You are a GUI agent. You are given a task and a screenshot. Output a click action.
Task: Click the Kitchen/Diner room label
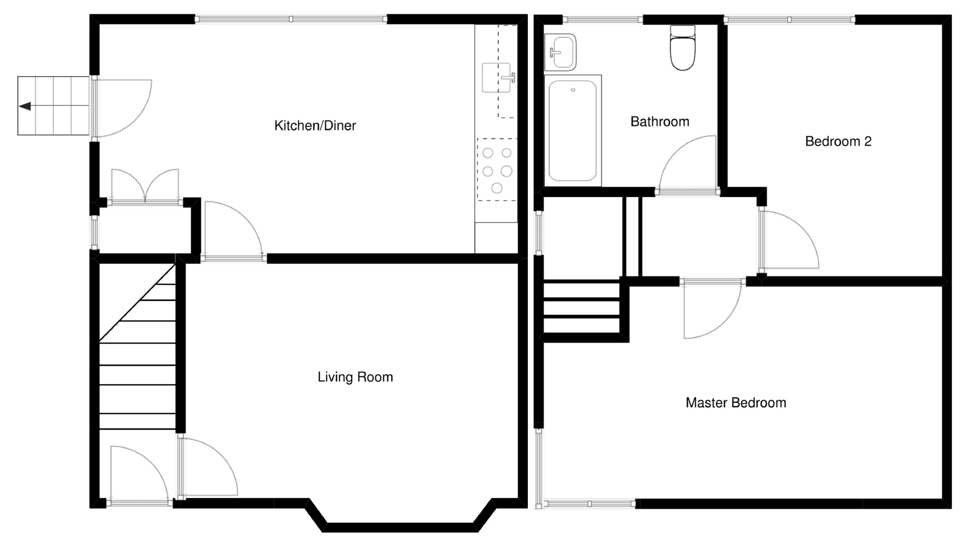tap(315, 126)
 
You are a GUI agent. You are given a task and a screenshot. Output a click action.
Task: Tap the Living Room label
tap(355, 377)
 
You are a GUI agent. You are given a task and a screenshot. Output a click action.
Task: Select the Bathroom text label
tap(659, 122)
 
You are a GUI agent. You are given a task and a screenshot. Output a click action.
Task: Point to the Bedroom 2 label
tap(838, 141)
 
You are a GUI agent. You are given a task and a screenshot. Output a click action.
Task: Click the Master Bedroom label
tap(735, 402)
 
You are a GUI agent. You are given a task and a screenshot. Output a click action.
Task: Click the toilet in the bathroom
tap(682, 48)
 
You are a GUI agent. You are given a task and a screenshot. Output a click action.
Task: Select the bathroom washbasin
tap(560, 52)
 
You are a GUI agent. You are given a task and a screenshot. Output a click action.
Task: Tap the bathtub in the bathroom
tap(573, 131)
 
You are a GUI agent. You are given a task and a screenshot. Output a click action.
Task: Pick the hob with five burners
tap(497, 169)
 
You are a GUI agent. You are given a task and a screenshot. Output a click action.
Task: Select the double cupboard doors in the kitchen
tap(145, 187)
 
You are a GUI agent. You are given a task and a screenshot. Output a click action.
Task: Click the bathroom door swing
tap(687, 165)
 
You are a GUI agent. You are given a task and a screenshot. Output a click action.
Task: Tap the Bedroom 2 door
tap(789, 240)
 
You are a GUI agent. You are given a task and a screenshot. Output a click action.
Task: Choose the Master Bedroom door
tap(712, 309)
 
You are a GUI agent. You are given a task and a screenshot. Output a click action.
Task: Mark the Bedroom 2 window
tap(790, 20)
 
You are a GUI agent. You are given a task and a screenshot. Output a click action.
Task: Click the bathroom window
tap(602, 20)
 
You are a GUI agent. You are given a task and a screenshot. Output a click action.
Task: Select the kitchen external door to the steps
tap(122, 108)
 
